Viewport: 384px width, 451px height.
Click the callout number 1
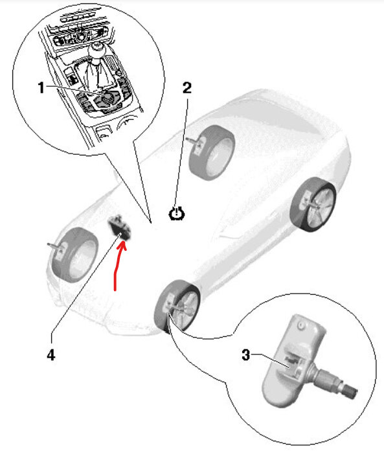tap(41, 88)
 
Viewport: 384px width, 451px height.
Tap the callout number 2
tap(187, 89)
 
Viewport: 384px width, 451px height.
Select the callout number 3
tap(246, 354)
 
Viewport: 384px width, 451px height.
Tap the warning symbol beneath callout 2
tap(175, 213)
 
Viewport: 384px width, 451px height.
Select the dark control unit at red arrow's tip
tap(119, 228)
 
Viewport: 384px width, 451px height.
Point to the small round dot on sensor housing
tap(300, 323)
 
